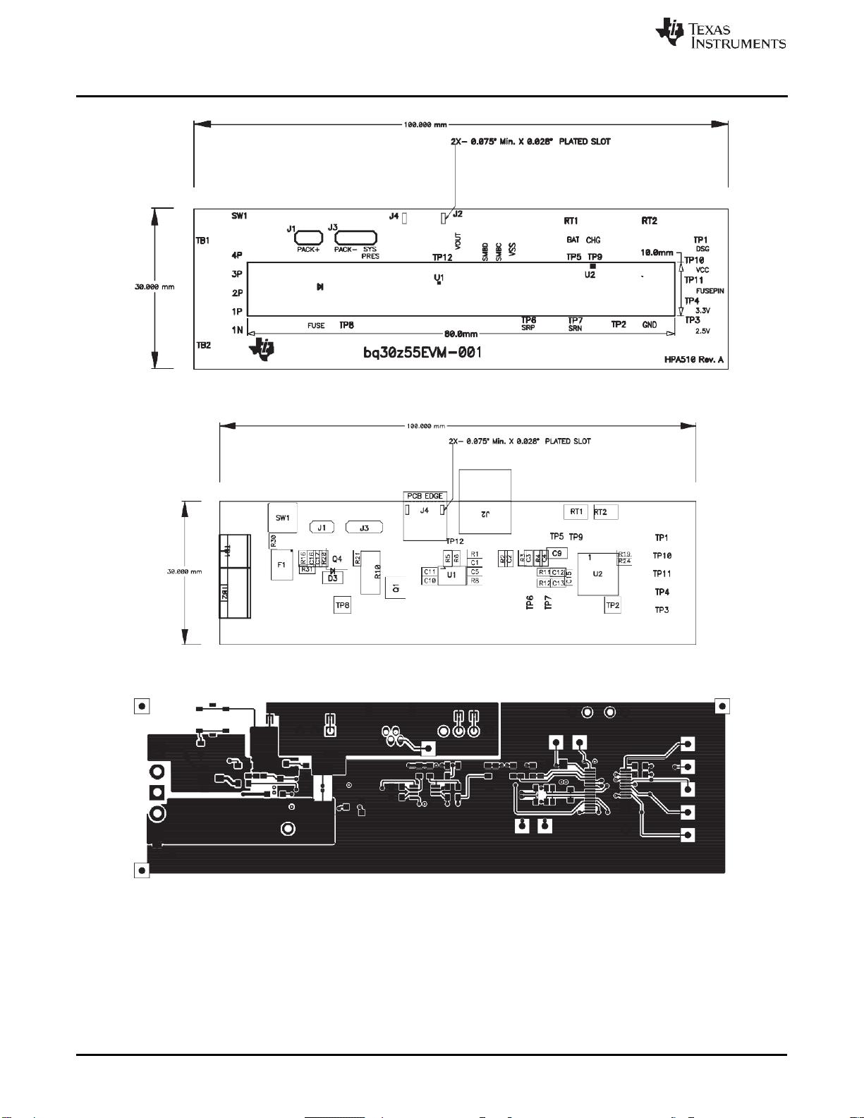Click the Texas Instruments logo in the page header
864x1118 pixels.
720,34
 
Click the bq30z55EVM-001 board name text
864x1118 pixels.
422,352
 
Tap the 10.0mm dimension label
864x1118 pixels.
657,252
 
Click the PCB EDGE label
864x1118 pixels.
425,496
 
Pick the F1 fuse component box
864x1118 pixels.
281,565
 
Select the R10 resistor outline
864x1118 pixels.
370,571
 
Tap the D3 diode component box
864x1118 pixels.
331,578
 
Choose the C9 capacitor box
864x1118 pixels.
556,553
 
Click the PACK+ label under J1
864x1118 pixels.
308,249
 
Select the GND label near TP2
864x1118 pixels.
649,324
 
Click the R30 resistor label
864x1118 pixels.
272,540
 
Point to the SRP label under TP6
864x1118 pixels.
528,328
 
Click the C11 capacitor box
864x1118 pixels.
430,571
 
